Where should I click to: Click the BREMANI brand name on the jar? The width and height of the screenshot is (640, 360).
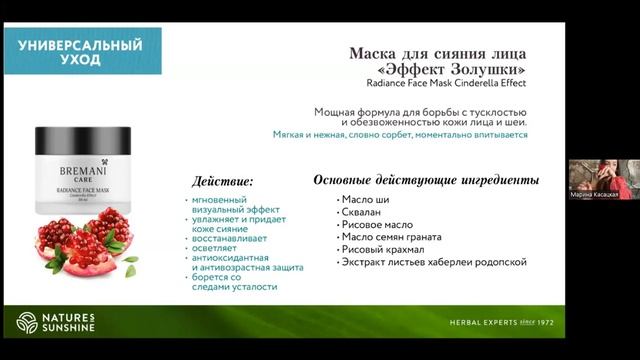click(85, 162)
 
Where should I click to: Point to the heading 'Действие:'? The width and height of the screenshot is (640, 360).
click(221, 181)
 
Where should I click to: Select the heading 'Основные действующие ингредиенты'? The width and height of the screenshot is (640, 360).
click(425, 180)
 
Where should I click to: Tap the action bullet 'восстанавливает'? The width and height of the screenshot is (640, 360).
click(224, 228)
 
